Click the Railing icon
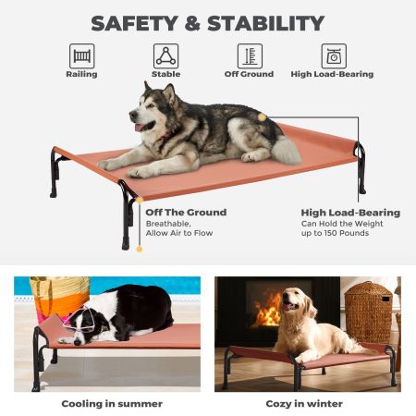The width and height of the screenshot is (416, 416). pos(81,55)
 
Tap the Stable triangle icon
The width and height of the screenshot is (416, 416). pos(165,55)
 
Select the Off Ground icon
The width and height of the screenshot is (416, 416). pos(249,55)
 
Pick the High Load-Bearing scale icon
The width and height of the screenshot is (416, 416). pos(333,55)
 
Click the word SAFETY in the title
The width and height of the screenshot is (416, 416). pos(137,23)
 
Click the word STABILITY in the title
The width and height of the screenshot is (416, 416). pos(269,23)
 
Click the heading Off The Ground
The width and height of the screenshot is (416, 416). pos(186,213)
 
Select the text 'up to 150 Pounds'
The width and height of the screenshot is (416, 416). pos(335,233)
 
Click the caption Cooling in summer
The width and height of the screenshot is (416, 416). pos(112,403)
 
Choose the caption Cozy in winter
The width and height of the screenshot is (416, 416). pos(305,403)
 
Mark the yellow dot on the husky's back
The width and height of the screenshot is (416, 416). pos(263,117)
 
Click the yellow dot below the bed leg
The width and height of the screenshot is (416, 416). pos(140,249)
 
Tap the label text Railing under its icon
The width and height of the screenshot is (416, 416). pos(81,74)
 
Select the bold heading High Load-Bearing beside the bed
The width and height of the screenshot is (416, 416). pos(350,213)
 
